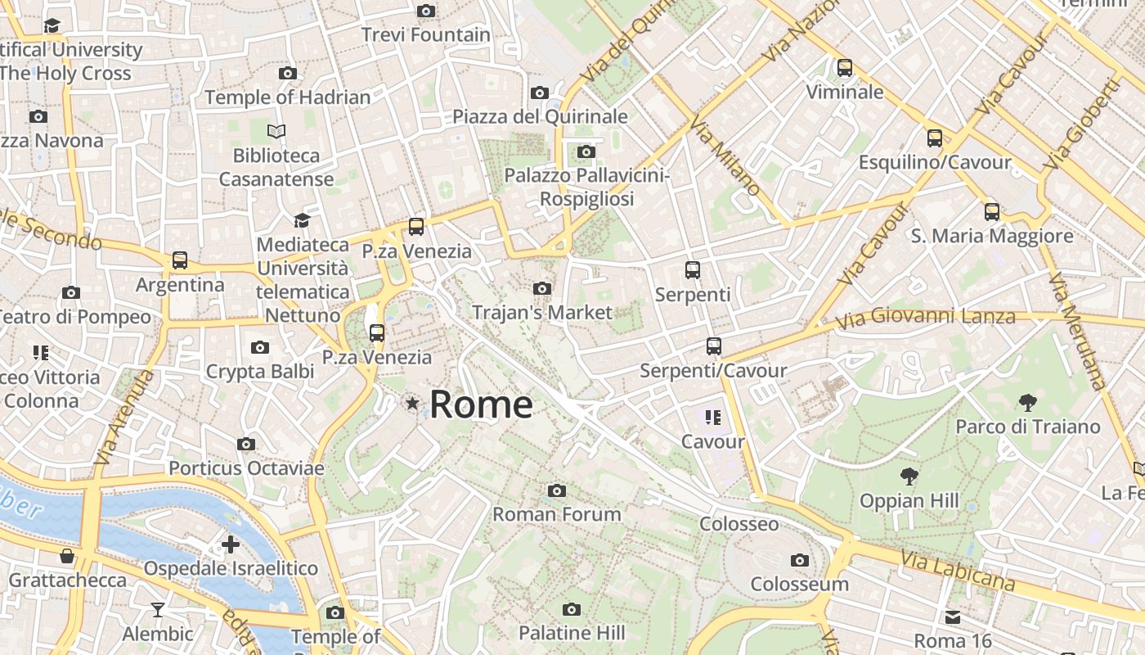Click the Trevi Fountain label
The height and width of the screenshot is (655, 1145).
(425, 35)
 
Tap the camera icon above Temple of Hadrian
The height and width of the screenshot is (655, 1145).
(287, 73)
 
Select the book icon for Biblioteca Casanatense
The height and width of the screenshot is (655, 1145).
(276, 131)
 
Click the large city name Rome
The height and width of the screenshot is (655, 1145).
(481, 404)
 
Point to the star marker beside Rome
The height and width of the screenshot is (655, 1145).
(412, 404)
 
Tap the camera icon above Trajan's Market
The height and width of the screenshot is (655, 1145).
(541, 288)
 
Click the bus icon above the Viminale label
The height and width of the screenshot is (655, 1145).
(845, 68)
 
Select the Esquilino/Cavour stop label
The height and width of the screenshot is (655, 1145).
(934, 162)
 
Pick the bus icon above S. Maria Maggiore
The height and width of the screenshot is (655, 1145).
(992, 212)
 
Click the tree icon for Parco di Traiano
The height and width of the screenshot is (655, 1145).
(1028, 402)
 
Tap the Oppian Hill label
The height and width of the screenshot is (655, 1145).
(909, 500)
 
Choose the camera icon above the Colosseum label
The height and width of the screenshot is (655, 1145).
(800, 560)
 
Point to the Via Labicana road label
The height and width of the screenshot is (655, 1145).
(958, 571)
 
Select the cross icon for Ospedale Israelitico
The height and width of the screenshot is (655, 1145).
(231, 544)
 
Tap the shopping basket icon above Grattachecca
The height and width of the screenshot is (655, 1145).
(67, 557)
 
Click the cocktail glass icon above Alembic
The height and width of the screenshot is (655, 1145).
(157, 610)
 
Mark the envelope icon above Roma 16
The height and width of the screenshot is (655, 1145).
(953, 617)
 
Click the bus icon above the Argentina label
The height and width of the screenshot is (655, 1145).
(180, 260)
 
